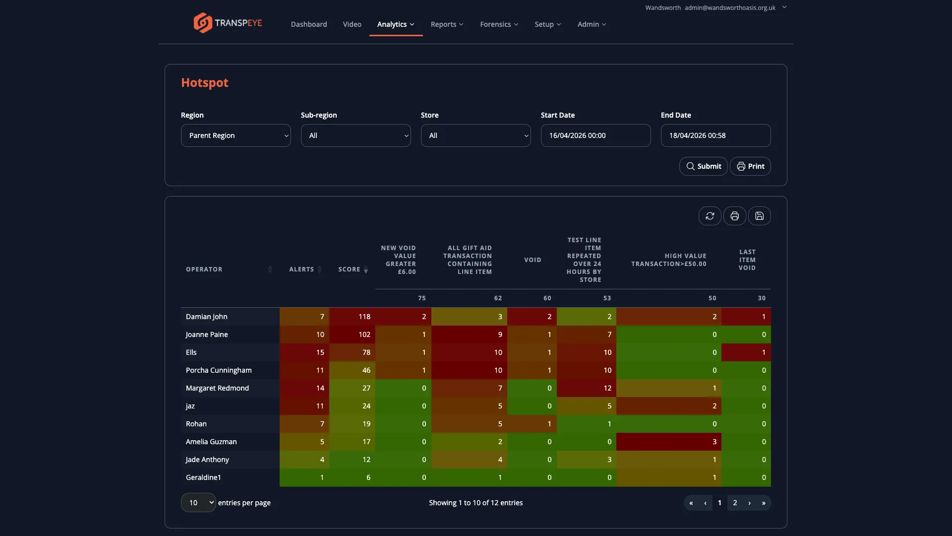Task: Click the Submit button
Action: tap(703, 166)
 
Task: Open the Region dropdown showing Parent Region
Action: tap(236, 135)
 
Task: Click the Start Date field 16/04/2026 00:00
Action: tap(595, 135)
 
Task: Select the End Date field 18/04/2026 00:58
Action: tap(715, 135)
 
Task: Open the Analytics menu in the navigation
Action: tap(395, 24)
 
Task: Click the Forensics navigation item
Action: tap(499, 24)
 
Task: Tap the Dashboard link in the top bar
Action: tap(308, 24)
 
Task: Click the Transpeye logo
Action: tap(228, 23)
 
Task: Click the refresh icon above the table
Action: tap(710, 216)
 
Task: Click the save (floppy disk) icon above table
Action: tap(759, 216)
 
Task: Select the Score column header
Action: tap(350, 269)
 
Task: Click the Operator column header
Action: tap(204, 269)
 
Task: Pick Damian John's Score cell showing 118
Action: tap(352, 317)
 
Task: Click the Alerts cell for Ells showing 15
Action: tap(304, 352)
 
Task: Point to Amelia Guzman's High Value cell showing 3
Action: tap(668, 442)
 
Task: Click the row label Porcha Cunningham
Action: tap(219, 370)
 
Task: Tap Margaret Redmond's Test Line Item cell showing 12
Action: tap(586, 388)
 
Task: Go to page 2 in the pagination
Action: tap(735, 503)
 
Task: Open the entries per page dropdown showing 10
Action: tap(198, 503)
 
